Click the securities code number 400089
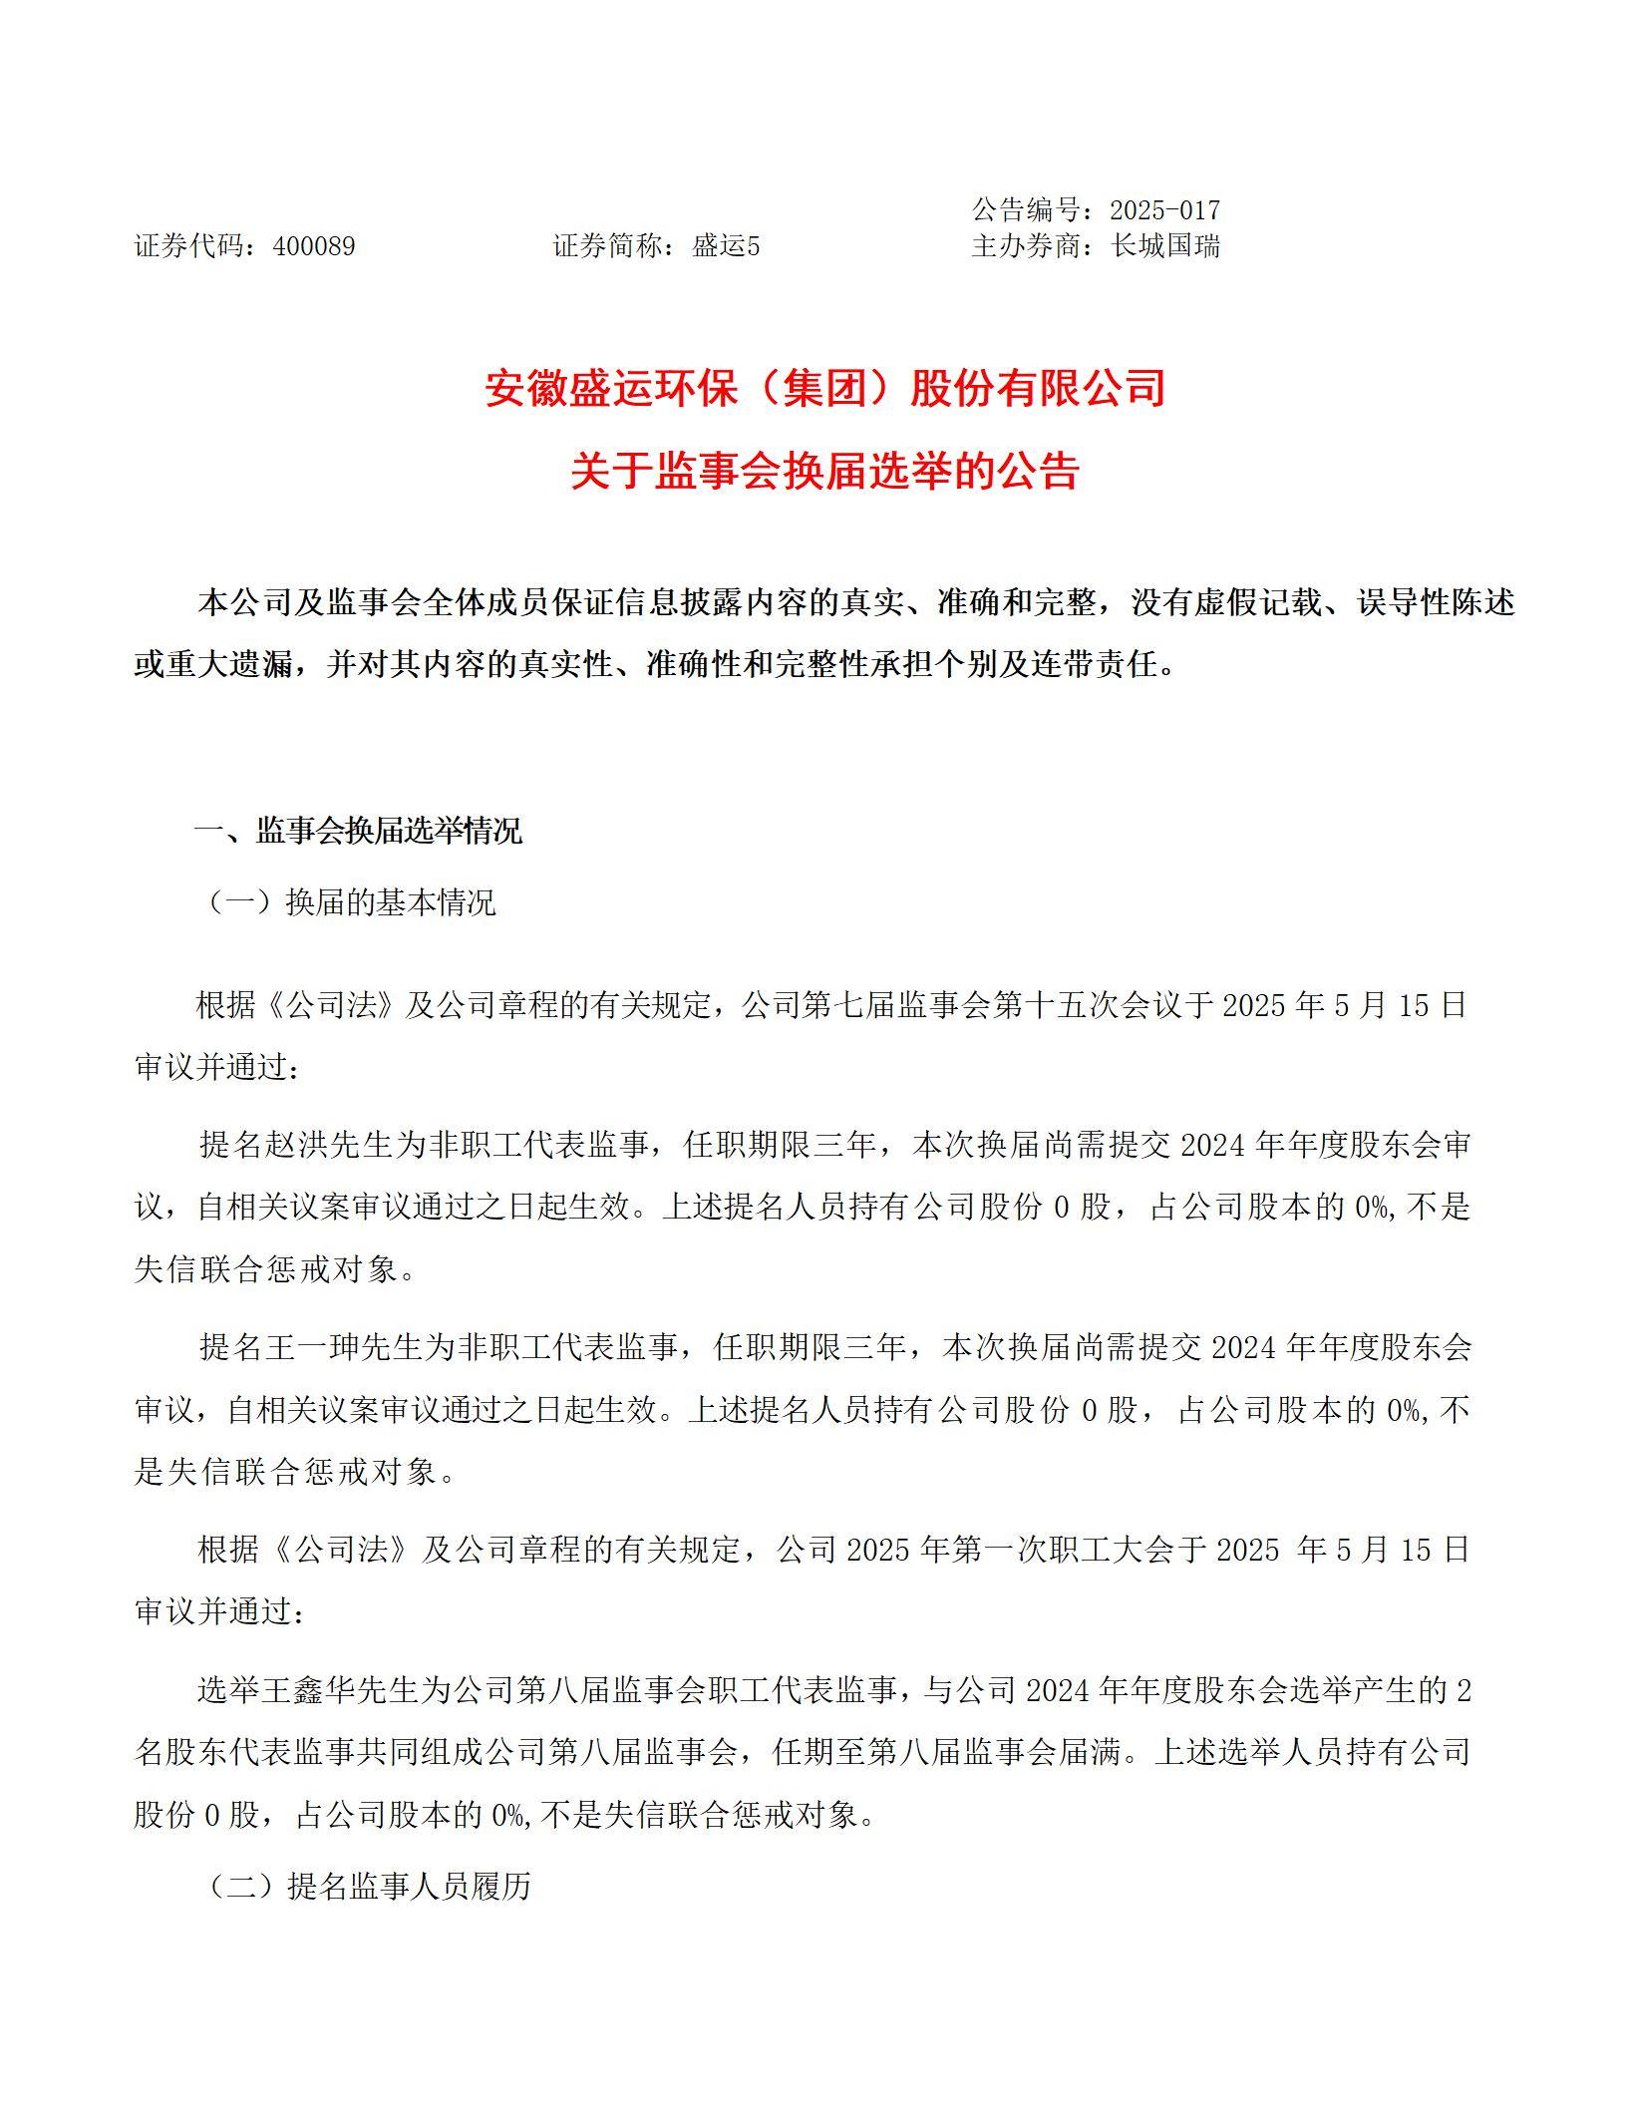pyautogui.click(x=313, y=246)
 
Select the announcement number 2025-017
pyautogui.click(x=1164, y=210)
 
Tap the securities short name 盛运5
pyautogui.click(x=726, y=246)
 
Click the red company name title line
pyautogui.click(x=824, y=389)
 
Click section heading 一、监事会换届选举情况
pyautogui.click(x=357, y=831)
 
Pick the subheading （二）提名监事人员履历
pyautogui.click(x=369, y=1887)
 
